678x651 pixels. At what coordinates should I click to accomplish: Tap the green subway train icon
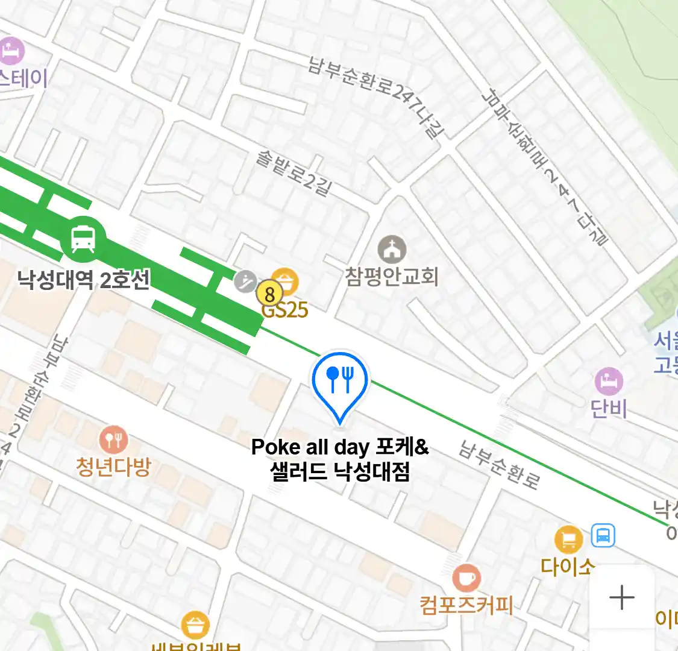coord(83,239)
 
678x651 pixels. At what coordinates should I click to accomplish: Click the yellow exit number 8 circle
coord(269,294)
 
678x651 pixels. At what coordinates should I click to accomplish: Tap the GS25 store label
coord(285,310)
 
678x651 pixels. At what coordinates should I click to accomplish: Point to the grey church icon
coord(392,248)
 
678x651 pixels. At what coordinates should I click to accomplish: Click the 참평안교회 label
coord(392,277)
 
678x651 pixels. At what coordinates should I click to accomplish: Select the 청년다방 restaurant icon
coord(113,439)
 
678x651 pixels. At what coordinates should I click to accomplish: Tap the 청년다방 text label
coord(113,467)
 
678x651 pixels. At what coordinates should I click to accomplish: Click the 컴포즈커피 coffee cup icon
coord(466,578)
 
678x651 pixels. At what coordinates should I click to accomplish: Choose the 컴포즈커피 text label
coord(466,605)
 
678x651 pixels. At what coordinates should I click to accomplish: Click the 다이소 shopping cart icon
coord(568,539)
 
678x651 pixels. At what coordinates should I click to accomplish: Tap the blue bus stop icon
coord(603,535)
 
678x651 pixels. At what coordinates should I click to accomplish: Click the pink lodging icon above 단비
coord(609,381)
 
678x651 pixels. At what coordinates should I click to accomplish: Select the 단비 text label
coord(609,409)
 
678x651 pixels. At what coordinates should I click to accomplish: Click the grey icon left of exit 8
coord(245,281)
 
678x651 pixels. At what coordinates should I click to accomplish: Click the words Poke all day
coord(310,447)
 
